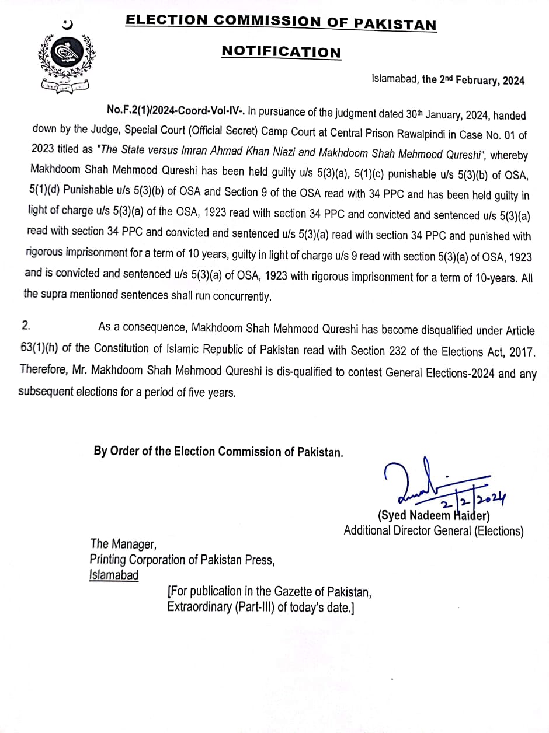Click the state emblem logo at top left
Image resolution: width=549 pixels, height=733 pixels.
pos(65,58)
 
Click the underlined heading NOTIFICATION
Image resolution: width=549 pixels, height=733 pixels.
pos(281,51)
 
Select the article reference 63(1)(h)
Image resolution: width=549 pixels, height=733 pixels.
pos(39,348)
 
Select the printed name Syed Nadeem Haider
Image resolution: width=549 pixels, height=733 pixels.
pos(433,515)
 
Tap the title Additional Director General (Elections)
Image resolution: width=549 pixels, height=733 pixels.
pos(433,530)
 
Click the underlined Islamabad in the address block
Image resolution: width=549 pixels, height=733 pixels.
pos(114,575)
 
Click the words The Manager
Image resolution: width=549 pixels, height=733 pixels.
pos(123,544)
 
